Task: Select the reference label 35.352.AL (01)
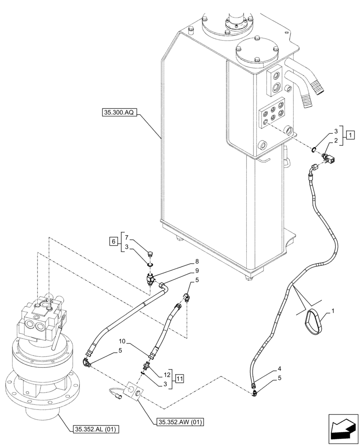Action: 94,429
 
